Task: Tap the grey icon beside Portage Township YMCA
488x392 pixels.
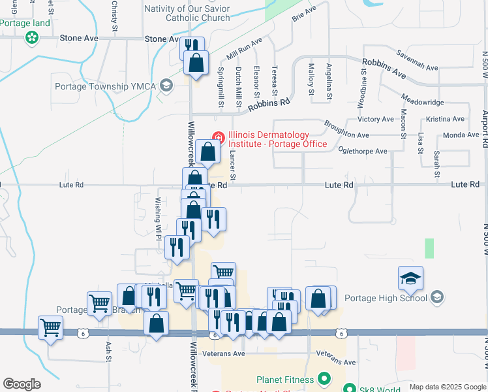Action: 166,86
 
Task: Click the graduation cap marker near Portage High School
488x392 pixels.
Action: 410,280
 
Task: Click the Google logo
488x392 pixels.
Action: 22,384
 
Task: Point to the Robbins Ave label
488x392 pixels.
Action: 384,68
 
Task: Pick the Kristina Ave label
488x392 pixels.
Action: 444,119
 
